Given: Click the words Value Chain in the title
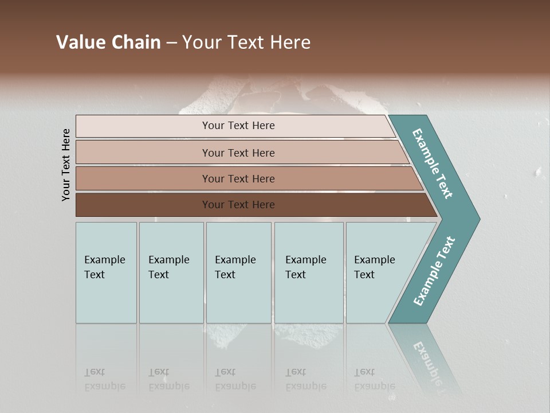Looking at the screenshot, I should pos(108,42).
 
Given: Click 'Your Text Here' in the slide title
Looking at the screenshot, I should pos(246,42).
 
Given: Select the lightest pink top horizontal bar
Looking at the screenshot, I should pos(238,126).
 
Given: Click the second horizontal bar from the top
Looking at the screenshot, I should pos(238,153).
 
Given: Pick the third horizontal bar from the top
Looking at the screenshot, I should pos(238,178).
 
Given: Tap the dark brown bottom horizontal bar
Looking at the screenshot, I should pos(238,205).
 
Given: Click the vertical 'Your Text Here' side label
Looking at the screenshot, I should pos(66,165).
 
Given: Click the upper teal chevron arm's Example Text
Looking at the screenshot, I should pos(433,163).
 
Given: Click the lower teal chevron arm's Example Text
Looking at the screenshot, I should pos(434,271).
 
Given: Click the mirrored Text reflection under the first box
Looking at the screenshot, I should pos(95,372).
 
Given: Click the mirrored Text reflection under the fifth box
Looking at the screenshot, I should pos(364,372).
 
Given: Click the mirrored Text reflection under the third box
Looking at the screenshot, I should pos(225,372).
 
